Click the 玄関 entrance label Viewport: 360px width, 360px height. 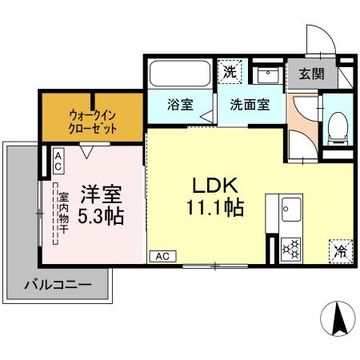click(x=311, y=74)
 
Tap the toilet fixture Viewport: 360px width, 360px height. click(x=338, y=125)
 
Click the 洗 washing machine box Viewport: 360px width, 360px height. click(x=230, y=72)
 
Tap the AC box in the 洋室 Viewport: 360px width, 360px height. click(x=58, y=159)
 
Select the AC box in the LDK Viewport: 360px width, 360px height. click(x=162, y=257)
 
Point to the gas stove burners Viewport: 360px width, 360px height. click(x=290, y=249)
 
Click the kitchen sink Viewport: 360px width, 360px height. click(x=289, y=212)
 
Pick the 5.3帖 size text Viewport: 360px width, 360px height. click(x=101, y=217)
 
